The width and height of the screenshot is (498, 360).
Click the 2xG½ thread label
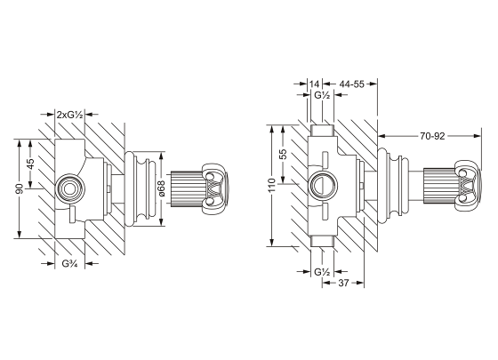tap(69, 115)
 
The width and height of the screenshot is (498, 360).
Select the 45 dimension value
tap(30, 164)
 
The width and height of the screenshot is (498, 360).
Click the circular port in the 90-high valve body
tap(68, 188)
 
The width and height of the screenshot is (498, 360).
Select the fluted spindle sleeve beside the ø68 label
tap(186, 188)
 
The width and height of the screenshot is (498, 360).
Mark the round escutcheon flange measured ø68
tap(142, 188)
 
